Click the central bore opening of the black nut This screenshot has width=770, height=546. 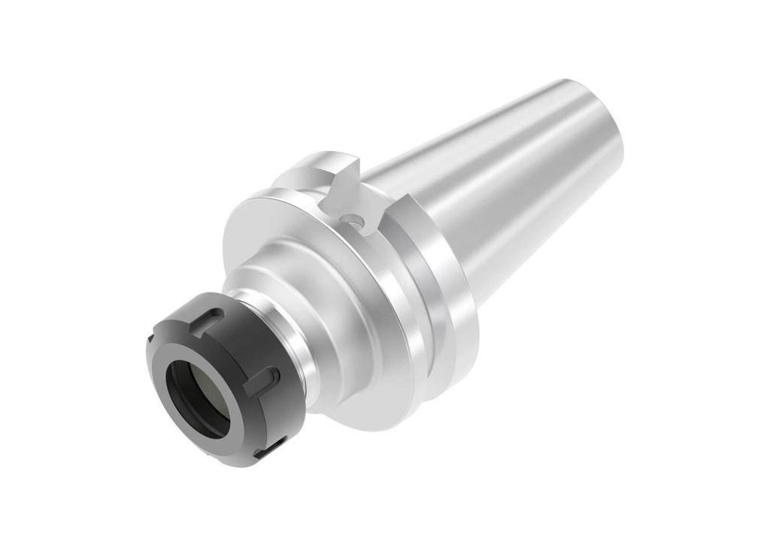click(x=198, y=399)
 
